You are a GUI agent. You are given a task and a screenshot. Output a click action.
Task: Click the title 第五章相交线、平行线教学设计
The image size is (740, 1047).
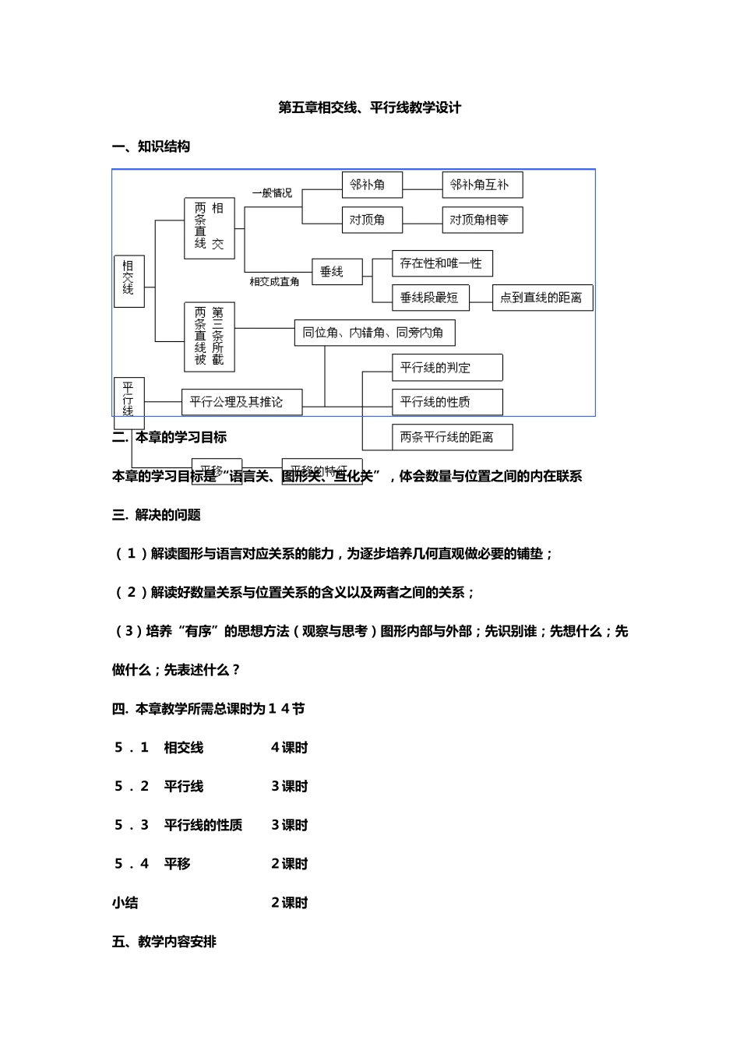[369, 108]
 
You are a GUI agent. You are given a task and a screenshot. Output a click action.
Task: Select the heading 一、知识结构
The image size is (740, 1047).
[151, 146]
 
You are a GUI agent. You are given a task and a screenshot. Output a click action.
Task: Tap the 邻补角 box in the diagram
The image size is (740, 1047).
[372, 185]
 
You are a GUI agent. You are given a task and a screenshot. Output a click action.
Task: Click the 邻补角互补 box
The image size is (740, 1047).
[481, 185]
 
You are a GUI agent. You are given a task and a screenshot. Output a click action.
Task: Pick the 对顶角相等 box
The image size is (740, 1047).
[481, 220]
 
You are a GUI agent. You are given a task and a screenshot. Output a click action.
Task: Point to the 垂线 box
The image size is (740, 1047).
[337, 271]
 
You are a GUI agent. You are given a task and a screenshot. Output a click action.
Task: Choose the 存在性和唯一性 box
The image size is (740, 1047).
[442, 263]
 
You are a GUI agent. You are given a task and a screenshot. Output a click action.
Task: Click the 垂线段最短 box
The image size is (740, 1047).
[430, 298]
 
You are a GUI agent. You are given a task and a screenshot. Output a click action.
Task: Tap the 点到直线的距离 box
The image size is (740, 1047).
[542, 298]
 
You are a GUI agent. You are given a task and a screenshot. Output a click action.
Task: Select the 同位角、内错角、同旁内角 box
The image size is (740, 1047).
[374, 333]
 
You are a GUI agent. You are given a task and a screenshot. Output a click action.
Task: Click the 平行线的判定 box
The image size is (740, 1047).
[446, 368]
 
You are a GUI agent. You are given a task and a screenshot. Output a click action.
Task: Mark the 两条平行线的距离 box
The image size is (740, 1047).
[452, 437]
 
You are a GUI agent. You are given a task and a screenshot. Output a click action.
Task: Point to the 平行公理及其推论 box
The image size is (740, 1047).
[241, 402]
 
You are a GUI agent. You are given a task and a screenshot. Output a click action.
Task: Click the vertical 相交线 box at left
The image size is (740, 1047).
[129, 280]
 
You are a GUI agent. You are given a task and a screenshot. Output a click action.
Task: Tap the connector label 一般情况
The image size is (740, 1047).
[272, 193]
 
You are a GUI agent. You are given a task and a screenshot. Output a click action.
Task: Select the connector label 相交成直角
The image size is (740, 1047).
[274, 282]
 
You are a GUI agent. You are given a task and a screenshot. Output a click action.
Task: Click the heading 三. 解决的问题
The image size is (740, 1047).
[157, 515]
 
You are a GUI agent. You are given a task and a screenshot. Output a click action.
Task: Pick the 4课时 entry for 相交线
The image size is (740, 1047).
[290, 748]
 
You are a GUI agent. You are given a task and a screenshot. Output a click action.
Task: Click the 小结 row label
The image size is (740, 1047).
[125, 903]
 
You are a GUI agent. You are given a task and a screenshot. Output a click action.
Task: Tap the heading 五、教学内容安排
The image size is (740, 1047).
[164, 942]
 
